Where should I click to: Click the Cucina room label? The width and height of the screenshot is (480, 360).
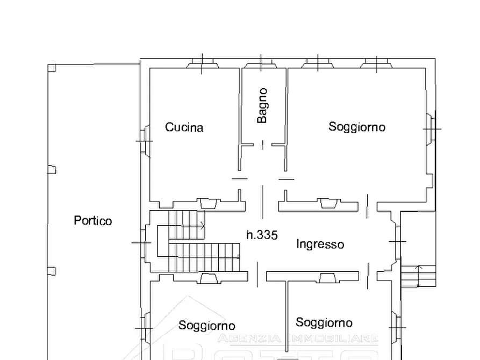click(184, 127)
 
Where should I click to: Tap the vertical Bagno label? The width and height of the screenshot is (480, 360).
click(262, 106)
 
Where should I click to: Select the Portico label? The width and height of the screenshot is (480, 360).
click(93, 220)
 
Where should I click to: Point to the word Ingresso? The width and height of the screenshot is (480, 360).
click(320, 244)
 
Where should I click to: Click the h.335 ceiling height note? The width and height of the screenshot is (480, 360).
click(262, 235)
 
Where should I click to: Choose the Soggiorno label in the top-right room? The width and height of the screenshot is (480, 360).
click(357, 127)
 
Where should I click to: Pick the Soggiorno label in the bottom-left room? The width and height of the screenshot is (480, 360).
click(207, 326)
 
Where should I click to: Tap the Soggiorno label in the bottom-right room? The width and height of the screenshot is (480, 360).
click(324, 322)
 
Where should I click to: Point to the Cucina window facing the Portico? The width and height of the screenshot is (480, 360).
click(144, 140)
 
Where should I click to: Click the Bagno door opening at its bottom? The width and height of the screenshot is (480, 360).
click(262, 145)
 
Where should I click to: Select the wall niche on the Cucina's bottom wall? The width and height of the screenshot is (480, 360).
click(207, 204)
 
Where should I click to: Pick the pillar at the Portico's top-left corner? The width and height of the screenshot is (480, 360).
click(52, 68)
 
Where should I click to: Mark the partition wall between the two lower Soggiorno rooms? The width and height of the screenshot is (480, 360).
click(285, 317)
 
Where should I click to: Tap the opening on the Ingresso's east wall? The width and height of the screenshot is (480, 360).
click(398, 242)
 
